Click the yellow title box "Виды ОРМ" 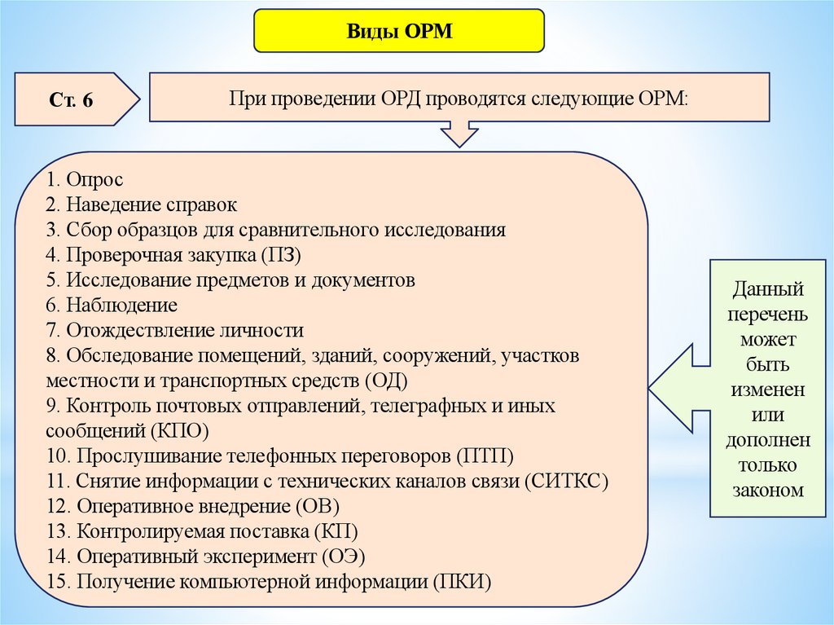399,33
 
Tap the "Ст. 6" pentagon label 75,100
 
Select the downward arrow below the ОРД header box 459,133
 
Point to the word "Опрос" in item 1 95,178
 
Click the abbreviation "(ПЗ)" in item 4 281,255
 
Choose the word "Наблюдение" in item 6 122,306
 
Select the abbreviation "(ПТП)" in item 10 485,456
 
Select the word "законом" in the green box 769,491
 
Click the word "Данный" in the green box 768,288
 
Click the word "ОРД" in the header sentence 397,98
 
